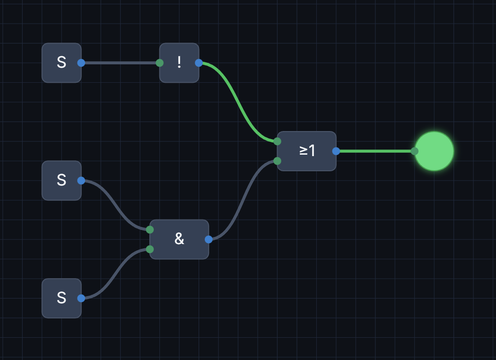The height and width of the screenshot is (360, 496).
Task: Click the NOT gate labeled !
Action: (x=179, y=63)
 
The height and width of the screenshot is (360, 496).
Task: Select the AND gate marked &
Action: (x=179, y=239)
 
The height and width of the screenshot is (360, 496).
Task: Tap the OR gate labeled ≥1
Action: (x=306, y=151)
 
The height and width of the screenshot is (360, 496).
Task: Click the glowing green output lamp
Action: (x=434, y=151)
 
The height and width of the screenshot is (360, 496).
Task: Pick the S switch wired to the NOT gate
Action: (x=61, y=63)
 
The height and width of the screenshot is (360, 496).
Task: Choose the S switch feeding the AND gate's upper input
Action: (x=61, y=180)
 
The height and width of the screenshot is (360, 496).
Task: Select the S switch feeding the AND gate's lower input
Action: (x=61, y=298)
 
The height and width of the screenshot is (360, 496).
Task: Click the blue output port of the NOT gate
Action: (x=199, y=63)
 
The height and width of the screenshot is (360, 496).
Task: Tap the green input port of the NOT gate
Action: (x=160, y=63)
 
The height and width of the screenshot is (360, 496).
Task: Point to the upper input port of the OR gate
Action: (x=278, y=141)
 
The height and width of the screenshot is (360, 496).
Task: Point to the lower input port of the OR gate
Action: (x=278, y=161)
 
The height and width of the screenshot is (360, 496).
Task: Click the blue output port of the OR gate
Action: (x=336, y=151)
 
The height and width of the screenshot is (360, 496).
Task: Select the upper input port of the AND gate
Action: (x=150, y=229)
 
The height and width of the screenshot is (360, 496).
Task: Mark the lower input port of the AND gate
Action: (x=150, y=249)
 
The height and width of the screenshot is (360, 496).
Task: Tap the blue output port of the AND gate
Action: (x=209, y=239)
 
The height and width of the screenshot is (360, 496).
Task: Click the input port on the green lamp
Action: (x=415, y=151)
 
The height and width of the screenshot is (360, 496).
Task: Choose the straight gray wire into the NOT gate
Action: (x=120, y=63)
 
